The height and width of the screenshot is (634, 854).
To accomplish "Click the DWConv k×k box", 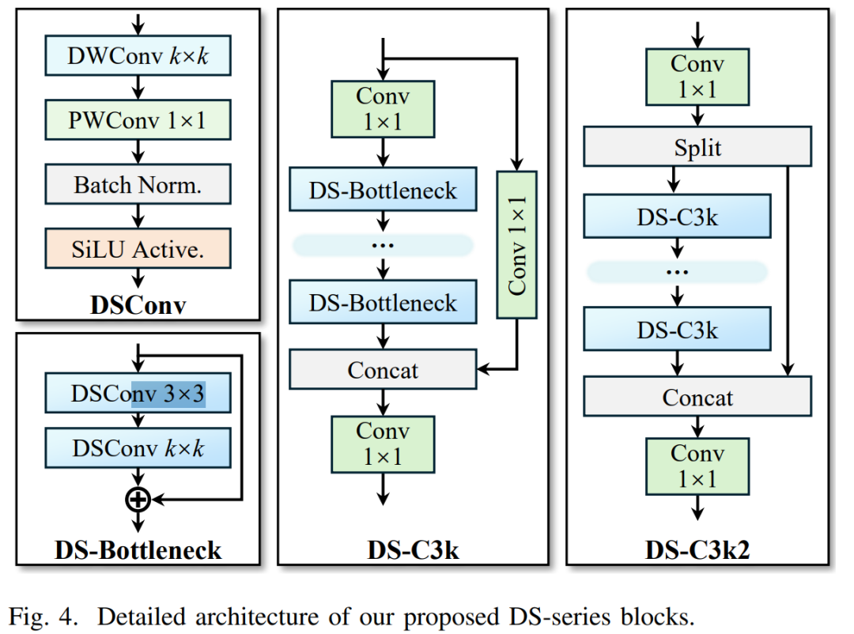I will (138, 55).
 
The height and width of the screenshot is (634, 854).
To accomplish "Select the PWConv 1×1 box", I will (138, 120).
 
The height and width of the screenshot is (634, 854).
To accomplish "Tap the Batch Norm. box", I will (138, 184).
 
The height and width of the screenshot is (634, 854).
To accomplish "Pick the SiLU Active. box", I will (138, 248).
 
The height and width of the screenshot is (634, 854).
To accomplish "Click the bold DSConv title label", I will (138, 304).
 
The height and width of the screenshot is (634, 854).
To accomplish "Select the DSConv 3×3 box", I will (138, 393).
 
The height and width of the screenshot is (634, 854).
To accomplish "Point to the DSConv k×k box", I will (138, 447).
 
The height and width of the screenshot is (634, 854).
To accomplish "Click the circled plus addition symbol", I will (138, 499).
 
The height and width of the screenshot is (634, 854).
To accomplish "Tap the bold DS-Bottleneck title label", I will (138, 550).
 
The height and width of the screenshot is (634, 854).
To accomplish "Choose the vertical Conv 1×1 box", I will (517, 245).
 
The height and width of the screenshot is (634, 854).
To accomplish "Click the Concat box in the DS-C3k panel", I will (383, 370).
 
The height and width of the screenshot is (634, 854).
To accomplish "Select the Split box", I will (697, 147).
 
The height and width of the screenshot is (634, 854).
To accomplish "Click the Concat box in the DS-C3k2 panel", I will (697, 397).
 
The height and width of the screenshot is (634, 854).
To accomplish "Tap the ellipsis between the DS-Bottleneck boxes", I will (383, 246).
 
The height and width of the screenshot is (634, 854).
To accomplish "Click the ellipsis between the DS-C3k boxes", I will (676, 272).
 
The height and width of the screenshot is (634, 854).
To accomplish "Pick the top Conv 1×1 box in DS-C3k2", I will (697, 76).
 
